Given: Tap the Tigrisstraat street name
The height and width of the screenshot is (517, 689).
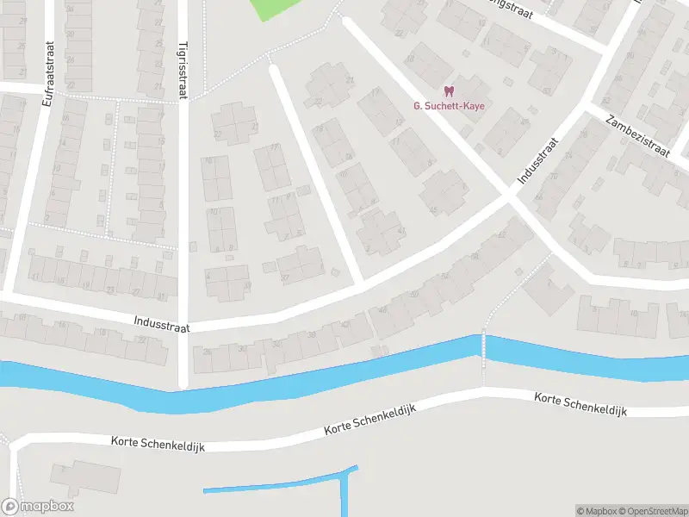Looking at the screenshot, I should coord(183,73).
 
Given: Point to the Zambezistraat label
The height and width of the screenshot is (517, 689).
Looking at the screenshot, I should coord(637,135).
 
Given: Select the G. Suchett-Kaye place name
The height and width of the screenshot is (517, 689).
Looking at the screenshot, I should coord(448,106).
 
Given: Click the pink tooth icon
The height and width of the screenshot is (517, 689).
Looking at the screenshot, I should coord(448,90).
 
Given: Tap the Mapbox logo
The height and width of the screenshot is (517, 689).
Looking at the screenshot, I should coord(37,507).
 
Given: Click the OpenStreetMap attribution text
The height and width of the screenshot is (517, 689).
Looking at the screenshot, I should coord(651,511).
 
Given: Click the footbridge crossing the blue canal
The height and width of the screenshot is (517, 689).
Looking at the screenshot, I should coord(483,348).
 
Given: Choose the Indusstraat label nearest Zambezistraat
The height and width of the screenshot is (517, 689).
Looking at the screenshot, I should coord(537,159).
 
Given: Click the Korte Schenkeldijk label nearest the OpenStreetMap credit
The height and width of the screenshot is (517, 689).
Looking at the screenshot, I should coord(580,403).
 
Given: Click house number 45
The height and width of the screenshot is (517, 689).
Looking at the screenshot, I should coord(432,209).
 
